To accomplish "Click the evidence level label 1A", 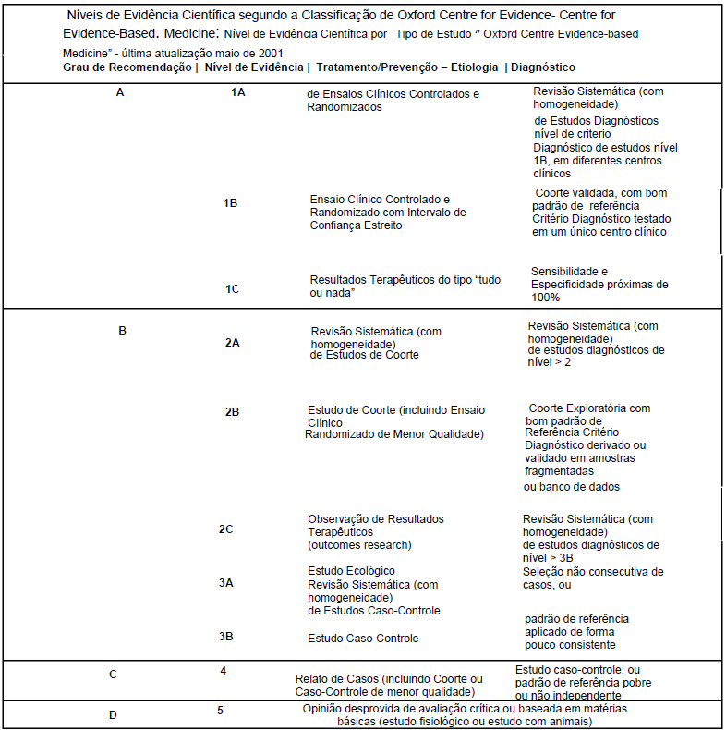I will click(237, 92).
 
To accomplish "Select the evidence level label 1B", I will click(230, 203).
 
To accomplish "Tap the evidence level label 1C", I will click(232, 289).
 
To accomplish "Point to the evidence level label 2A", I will click(232, 343).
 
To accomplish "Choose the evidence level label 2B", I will click(232, 412).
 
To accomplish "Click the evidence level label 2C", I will click(225, 529).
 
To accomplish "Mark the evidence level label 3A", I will click(225, 583).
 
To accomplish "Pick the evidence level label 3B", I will click(225, 637).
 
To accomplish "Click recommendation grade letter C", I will click(113, 674).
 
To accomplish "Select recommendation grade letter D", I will click(113, 714).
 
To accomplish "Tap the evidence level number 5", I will click(220, 711).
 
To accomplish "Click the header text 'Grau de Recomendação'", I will click(126, 67).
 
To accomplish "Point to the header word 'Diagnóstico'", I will click(542, 67).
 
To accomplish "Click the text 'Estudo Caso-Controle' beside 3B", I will click(363, 639).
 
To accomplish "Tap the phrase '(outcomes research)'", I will click(359, 545).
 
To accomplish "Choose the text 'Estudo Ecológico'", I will click(351, 571).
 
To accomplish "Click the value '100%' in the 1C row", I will click(545, 298).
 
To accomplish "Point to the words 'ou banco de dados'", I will click(572, 487).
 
